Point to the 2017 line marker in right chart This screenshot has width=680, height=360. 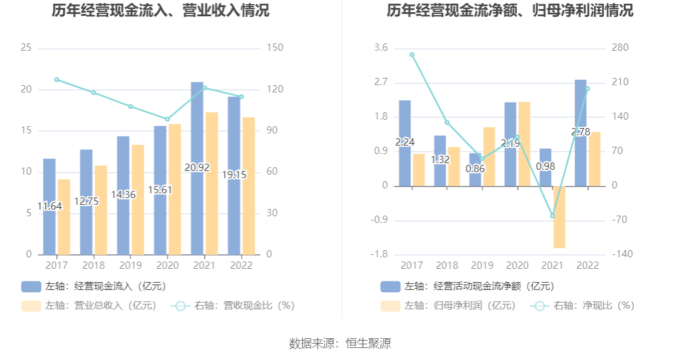(x=412, y=55)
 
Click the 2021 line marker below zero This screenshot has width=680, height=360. (x=552, y=216)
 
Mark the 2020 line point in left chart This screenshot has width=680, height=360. (x=167, y=119)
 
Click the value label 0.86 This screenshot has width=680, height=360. (x=475, y=169)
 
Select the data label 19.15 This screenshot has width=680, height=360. (x=234, y=175)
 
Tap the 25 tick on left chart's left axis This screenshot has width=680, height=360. (x=26, y=48)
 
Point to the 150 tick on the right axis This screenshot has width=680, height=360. (x=275, y=48)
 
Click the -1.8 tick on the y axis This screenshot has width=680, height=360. (x=380, y=254)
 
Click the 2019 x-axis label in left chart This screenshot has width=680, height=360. (x=130, y=266)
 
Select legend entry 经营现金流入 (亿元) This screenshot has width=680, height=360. (x=94, y=286)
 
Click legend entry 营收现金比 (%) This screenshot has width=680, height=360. (x=233, y=306)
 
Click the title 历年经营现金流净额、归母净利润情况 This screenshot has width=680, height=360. (x=510, y=11)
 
